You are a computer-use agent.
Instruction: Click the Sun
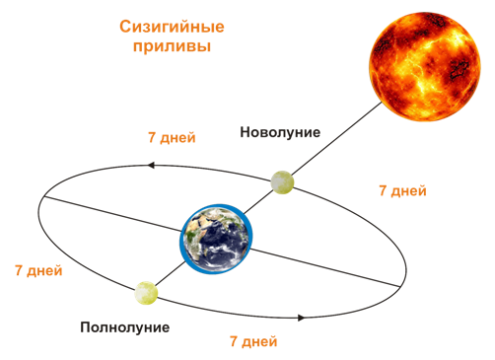pos(425,67)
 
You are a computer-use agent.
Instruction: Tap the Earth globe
pos(216,239)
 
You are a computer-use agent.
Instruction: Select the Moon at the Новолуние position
pos(282,182)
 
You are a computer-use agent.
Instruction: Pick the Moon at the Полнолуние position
pos(146,293)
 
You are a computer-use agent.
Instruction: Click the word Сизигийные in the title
pos(172,27)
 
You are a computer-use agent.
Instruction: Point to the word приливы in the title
pos(172,46)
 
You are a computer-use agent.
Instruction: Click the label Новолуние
pos(280,132)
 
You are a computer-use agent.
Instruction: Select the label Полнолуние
pos(125,327)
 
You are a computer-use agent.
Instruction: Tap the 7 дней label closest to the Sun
pos(402,190)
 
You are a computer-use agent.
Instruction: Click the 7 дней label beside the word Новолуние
pos(172,137)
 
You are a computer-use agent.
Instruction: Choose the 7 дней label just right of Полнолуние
pos(253,341)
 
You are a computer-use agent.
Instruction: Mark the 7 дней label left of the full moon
pos(38,270)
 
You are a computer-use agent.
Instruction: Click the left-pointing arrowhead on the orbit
pos(151,165)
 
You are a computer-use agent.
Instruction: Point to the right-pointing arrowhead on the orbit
pos(302,318)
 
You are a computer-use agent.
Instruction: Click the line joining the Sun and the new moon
pos(337,138)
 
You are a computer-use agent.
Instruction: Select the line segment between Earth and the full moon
pos(170,274)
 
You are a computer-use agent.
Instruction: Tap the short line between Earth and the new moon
pos(258,202)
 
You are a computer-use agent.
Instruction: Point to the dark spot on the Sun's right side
pos(459,69)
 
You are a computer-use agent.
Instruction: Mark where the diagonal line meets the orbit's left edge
pos(43,196)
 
